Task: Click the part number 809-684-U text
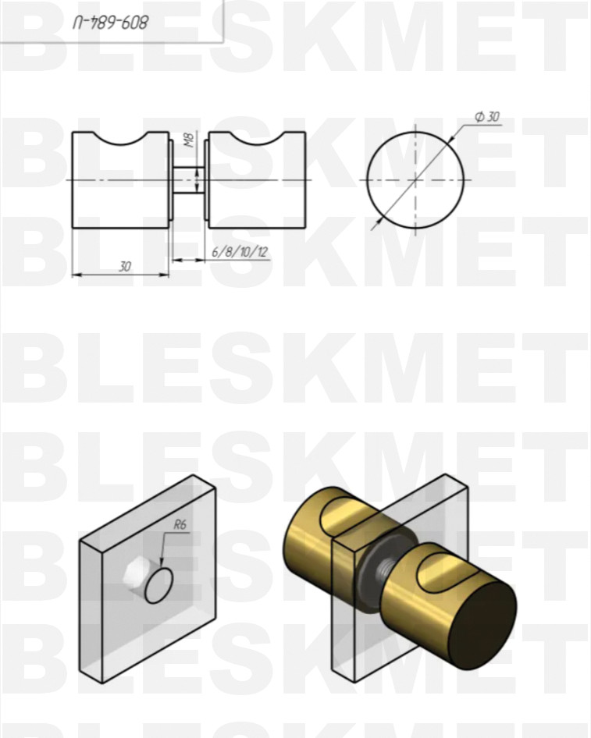[111, 22]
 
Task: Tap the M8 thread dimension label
[189, 140]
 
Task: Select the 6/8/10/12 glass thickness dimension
[240, 252]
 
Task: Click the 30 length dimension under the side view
[124, 267]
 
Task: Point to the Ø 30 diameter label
[487, 117]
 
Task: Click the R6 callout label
[180, 524]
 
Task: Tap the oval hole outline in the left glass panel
[158, 586]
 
